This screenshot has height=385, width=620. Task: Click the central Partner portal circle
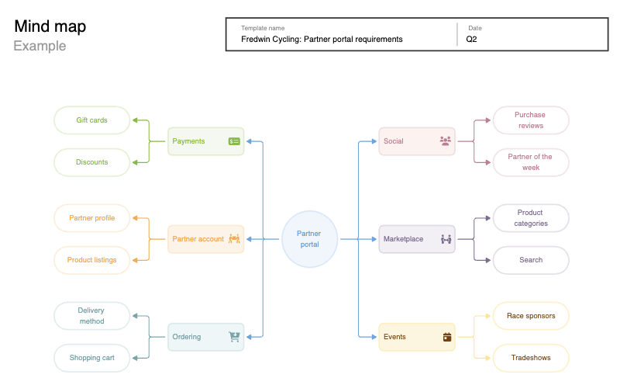point(308,239)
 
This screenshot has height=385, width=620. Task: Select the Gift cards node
point(92,120)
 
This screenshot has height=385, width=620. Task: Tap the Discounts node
point(92,162)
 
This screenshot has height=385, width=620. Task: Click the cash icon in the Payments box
point(234,141)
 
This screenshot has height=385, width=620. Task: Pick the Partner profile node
point(92,218)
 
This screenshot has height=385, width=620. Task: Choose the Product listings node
point(92,260)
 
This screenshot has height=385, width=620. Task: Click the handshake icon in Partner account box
point(234,239)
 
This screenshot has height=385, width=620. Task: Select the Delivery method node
point(91,316)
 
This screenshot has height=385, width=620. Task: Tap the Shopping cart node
point(91,358)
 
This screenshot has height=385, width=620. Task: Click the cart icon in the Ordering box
point(234,337)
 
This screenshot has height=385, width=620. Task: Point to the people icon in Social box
point(445,141)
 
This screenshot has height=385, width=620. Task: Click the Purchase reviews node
point(531,120)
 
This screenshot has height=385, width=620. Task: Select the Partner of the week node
point(531,162)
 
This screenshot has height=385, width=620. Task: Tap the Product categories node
point(531,218)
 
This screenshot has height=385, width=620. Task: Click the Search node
point(531,260)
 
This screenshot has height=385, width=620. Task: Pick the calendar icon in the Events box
point(447,337)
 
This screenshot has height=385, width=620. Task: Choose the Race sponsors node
point(531,316)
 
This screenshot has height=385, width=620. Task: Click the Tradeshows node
point(531,358)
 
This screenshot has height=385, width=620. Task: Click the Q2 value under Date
point(471,39)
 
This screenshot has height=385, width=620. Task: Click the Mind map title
point(50,26)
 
